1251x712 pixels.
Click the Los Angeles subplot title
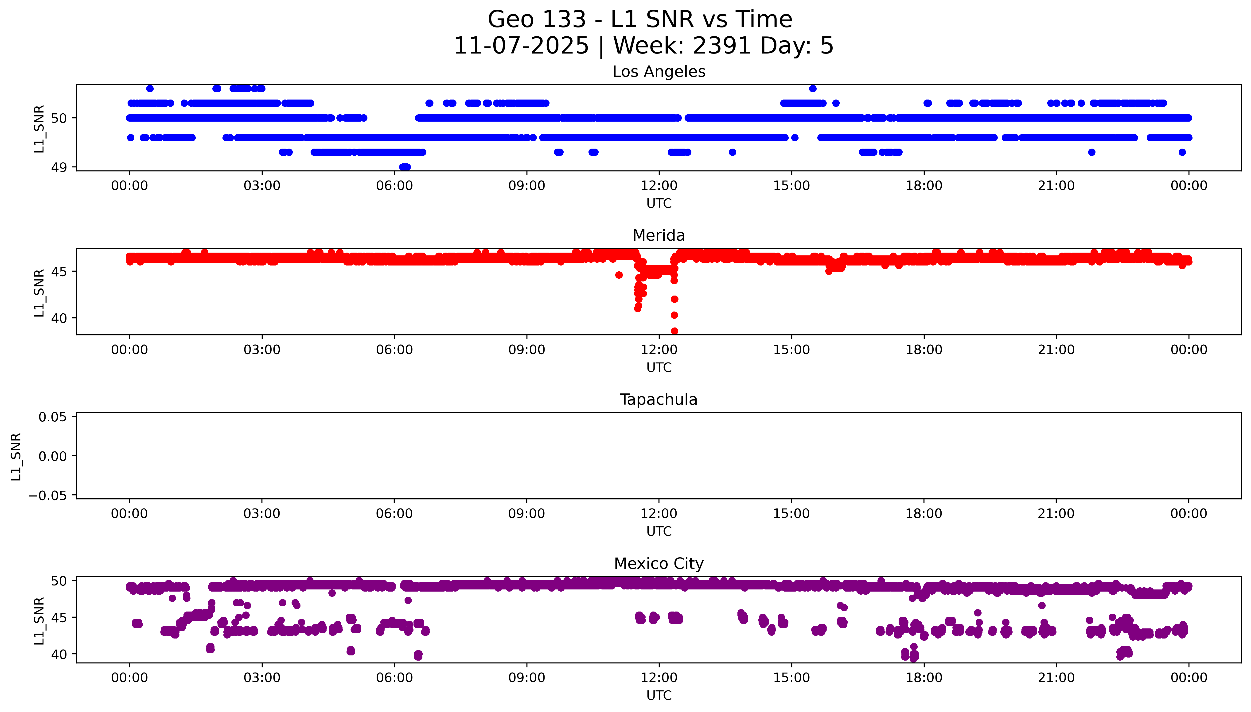(659, 72)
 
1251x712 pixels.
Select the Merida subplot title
(659, 236)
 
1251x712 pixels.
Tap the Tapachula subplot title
(659, 400)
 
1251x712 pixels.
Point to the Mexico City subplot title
(659, 564)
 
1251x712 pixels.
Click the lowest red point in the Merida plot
(674, 331)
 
